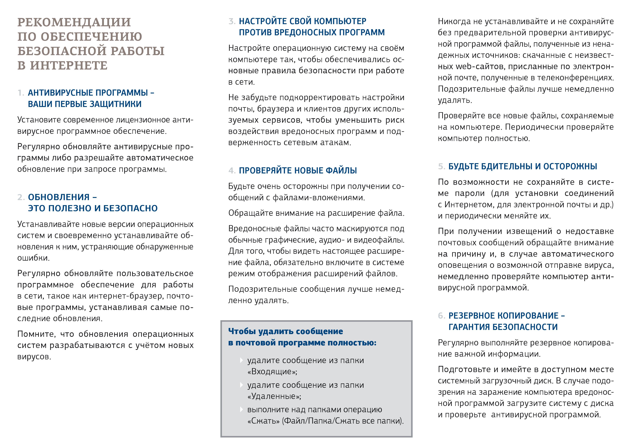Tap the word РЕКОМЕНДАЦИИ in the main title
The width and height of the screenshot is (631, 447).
tap(74, 22)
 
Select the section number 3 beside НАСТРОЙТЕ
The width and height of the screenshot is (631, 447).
tap(232, 21)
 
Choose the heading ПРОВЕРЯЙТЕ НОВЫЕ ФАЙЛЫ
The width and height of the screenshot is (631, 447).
tap(298, 171)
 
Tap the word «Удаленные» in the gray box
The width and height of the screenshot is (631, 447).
tap(274, 396)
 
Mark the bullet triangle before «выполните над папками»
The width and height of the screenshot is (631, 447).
tap(242, 409)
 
